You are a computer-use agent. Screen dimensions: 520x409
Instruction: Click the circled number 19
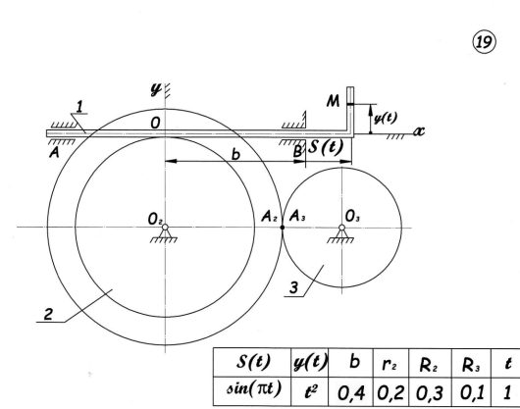coord(484,42)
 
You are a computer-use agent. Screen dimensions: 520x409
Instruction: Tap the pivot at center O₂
coord(165,228)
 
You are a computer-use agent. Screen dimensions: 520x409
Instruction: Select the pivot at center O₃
coord(341,228)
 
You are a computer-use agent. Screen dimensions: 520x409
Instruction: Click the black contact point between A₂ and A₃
coord(283,228)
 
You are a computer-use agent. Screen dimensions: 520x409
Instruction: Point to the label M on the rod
coord(333,101)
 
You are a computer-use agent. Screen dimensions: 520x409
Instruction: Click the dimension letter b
coord(235,154)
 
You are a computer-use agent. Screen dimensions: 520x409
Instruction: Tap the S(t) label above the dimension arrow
coord(326,147)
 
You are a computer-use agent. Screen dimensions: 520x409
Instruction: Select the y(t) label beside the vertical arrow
coord(386,118)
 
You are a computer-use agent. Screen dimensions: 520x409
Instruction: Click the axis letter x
coord(419,131)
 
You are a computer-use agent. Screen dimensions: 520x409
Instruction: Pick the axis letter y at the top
coord(156,89)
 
